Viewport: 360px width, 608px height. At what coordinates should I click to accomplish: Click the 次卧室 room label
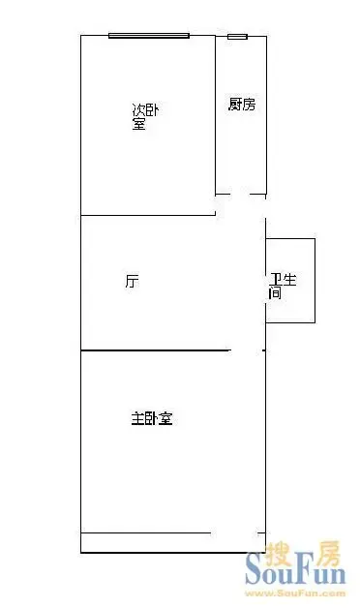145,117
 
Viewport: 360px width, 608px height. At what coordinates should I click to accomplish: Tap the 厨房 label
242,104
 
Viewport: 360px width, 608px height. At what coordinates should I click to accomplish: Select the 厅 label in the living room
132,281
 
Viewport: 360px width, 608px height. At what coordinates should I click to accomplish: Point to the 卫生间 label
283,286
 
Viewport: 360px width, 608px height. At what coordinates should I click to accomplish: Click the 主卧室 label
152,419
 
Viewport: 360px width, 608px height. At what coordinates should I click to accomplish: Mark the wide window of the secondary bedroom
149,36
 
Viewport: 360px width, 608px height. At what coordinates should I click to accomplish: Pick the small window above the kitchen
237,37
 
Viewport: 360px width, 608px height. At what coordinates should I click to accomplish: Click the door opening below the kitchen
240,194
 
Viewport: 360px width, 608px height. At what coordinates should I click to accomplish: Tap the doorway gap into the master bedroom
247,350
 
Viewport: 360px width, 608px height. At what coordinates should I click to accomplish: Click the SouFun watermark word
295,573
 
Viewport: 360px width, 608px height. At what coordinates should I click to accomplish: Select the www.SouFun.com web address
295,593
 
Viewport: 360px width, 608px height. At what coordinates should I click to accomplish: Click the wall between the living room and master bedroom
156,350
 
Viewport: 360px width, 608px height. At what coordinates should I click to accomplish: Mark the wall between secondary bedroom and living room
148,215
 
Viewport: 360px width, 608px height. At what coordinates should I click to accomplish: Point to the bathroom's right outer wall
315,281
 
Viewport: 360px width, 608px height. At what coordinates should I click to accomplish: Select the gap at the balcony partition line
234,533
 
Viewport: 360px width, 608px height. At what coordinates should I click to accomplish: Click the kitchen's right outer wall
266,116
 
